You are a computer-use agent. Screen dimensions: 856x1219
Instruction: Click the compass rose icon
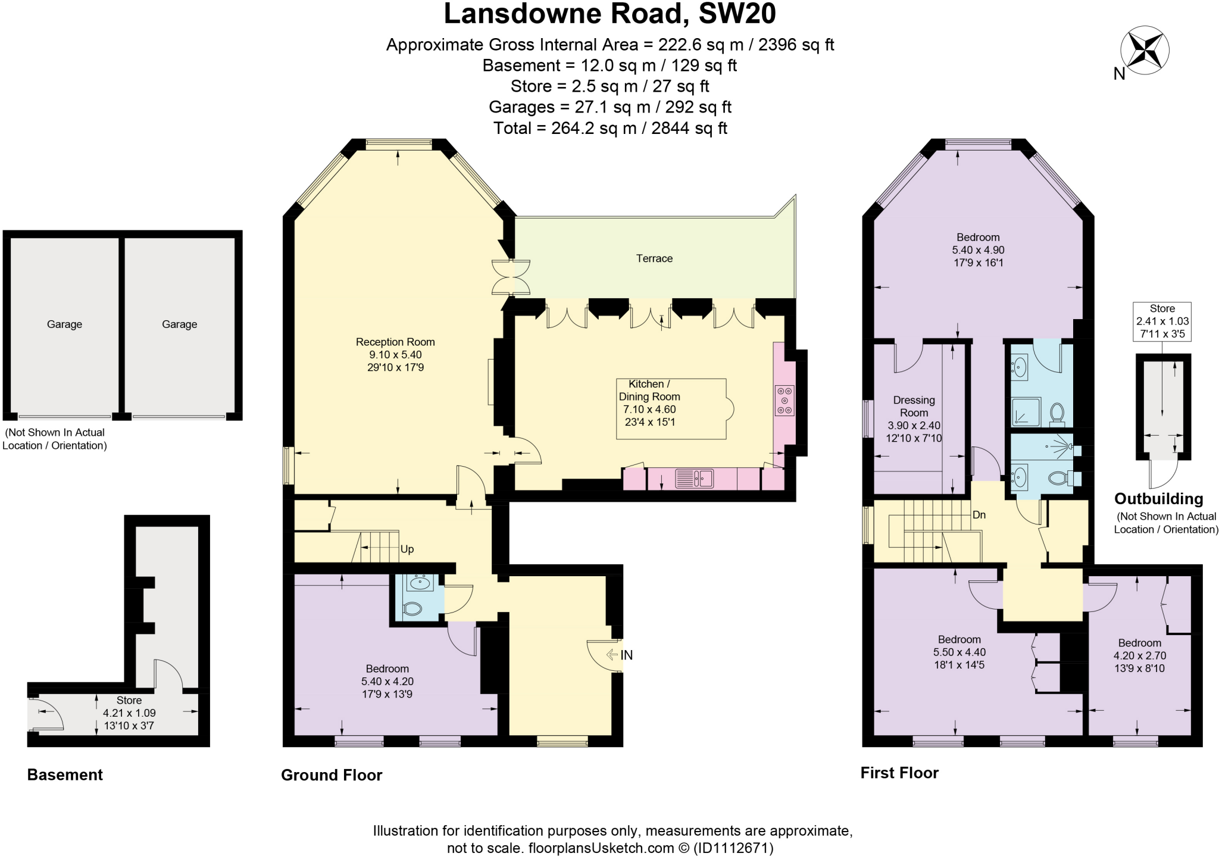pyautogui.click(x=1144, y=51)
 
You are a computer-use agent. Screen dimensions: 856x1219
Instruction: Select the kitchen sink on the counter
pyautogui.click(x=694, y=479)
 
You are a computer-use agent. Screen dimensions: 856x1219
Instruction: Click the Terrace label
pyautogui.click(x=654, y=258)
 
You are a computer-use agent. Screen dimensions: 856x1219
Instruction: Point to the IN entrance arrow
pyautogui.click(x=620, y=655)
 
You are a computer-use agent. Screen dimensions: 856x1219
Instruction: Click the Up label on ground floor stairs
pyautogui.click(x=407, y=549)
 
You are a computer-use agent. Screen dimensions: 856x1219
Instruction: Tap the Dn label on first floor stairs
pyautogui.click(x=979, y=515)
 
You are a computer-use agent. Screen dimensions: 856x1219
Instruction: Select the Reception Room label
pyautogui.click(x=395, y=342)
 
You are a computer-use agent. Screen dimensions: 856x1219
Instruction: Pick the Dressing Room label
pyautogui.click(x=914, y=406)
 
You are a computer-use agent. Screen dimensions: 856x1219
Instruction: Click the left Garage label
pyautogui.click(x=64, y=324)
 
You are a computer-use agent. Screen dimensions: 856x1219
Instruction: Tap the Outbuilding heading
pyautogui.click(x=1158, y=499)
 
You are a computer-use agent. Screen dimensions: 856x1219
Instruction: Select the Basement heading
pyautogui.click(x=65, y=774)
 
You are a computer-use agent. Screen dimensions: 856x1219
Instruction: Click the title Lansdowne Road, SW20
pyautogui.click(x=609, y=14)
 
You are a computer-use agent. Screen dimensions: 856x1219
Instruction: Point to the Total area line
pyautogui.click(x=609, y=128)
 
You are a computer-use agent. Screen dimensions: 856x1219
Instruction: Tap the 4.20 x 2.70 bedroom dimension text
pyautogui.click(x=1139, y=655)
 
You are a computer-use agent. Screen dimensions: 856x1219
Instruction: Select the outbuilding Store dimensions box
pyautogui.click(x=1162, y=321)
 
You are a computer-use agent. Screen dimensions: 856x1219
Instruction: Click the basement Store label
pyautogui.click(x=129, y=700)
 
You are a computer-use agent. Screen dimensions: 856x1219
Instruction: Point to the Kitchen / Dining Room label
pyautogui.click(x=649, y=390)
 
